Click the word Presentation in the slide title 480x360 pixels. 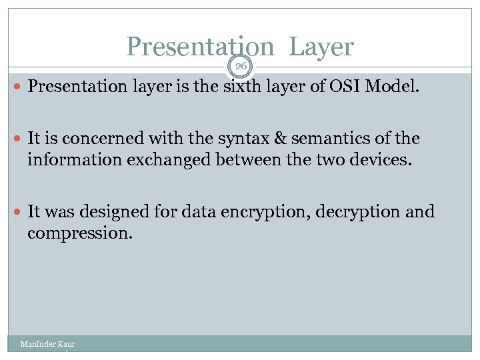pyautogui.click(x=199, y=47)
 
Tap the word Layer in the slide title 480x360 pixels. pyautogui.click(x=321, y=47)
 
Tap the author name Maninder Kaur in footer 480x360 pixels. pyautogui.click(x=47, y=344)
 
